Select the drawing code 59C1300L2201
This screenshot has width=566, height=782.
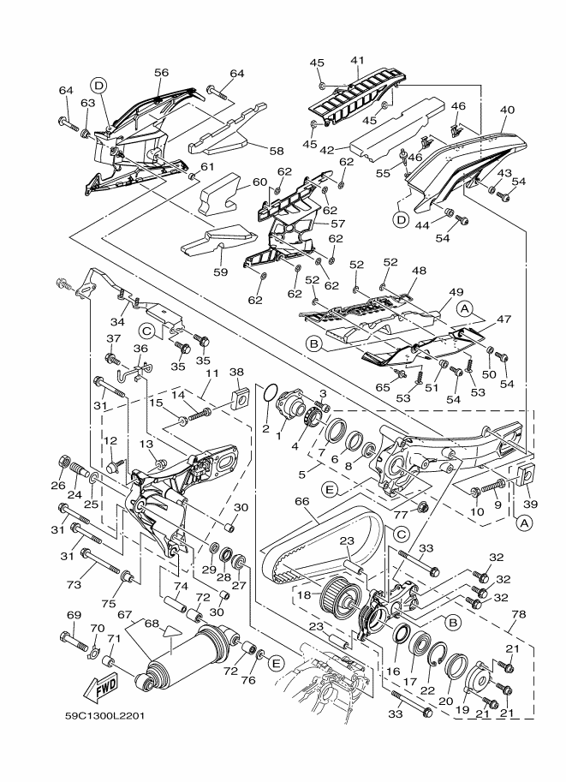(104, 716)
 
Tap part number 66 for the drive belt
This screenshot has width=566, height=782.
(302, 501)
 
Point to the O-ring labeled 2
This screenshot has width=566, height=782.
(269, 392)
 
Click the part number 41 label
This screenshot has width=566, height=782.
(357, 60)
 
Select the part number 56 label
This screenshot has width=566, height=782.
(161, 72)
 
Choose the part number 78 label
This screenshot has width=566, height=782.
(519, 614)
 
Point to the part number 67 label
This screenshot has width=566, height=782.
(125, 614)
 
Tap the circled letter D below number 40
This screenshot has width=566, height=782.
(401, 219)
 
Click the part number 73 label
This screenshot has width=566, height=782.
(74, 584)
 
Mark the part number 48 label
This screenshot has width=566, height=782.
(419, 271)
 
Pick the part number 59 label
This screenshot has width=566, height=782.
(220, 272)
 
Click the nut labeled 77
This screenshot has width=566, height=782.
(422, 508)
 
